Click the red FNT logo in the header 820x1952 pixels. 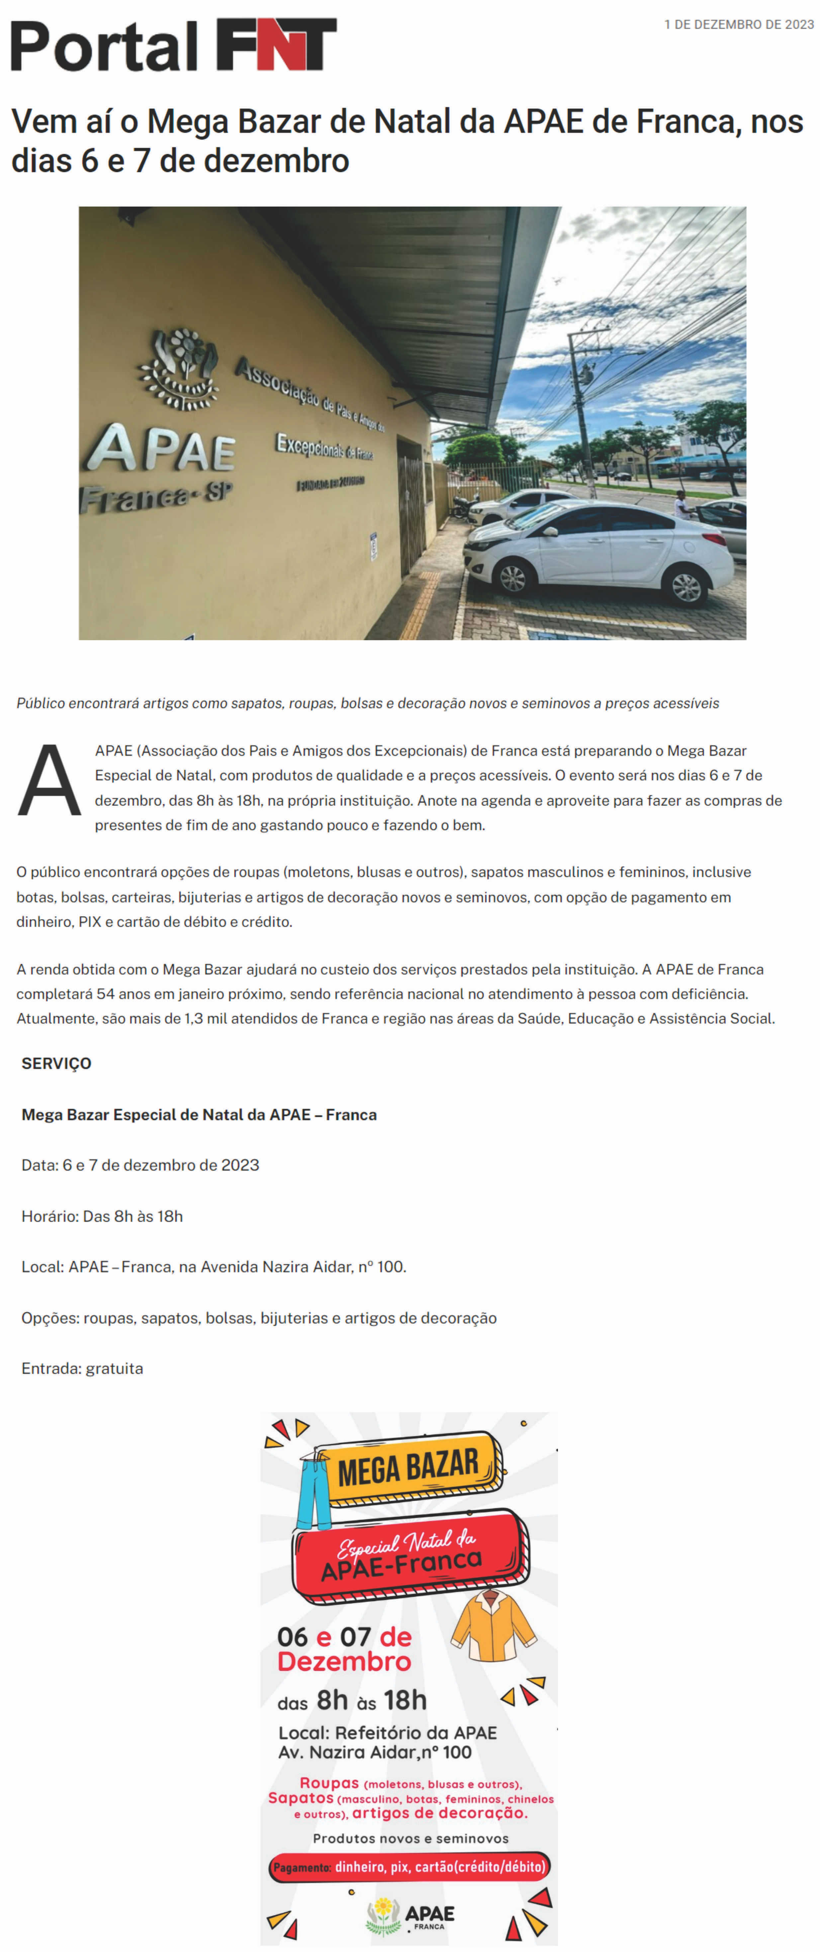coord(277,45)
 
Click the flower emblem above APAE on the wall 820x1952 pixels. coord(179,369)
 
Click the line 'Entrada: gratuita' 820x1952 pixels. coord(82,1369)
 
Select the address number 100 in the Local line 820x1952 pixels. coord(391,1267)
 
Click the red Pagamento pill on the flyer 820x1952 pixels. coord(409,1866)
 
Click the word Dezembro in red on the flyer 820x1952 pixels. coord(344,1662)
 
